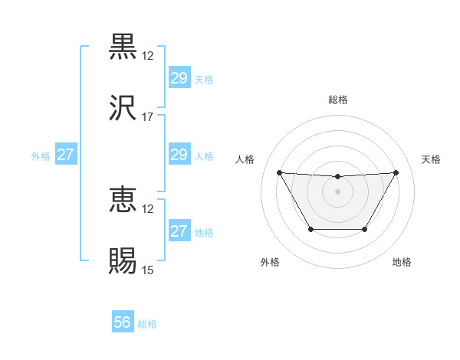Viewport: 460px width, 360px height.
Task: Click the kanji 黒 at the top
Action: coord(123,47)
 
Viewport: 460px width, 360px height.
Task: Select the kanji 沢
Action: coord(123,109)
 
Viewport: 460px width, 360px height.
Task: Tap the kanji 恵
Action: coord(123,201)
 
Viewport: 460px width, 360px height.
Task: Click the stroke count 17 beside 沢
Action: coord(148,117)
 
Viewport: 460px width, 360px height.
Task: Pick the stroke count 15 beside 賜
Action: coord(148,270)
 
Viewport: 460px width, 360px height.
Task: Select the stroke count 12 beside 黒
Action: coord(148,56)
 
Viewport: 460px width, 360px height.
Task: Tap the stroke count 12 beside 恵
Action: coord(148,209)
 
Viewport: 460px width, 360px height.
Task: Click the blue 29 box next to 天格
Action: coord(179,78)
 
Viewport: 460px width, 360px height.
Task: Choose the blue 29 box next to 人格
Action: coord(179,155)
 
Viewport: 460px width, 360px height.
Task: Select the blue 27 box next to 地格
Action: coord(179,231)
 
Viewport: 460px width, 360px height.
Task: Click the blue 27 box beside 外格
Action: coord(65,155)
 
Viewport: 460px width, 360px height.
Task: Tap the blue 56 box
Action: coord(122,322)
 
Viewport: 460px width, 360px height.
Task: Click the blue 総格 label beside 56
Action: coord(147,324)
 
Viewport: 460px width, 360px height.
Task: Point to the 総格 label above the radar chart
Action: coord(337,100)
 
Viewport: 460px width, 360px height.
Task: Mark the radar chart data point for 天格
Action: coord(396,172)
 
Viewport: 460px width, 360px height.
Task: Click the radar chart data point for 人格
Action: coord(279,172)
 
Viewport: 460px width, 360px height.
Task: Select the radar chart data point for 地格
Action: coord(365,229)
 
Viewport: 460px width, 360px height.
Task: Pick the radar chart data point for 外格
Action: coord(310,229)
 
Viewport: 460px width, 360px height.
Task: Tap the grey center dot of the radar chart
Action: coord(337,191)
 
